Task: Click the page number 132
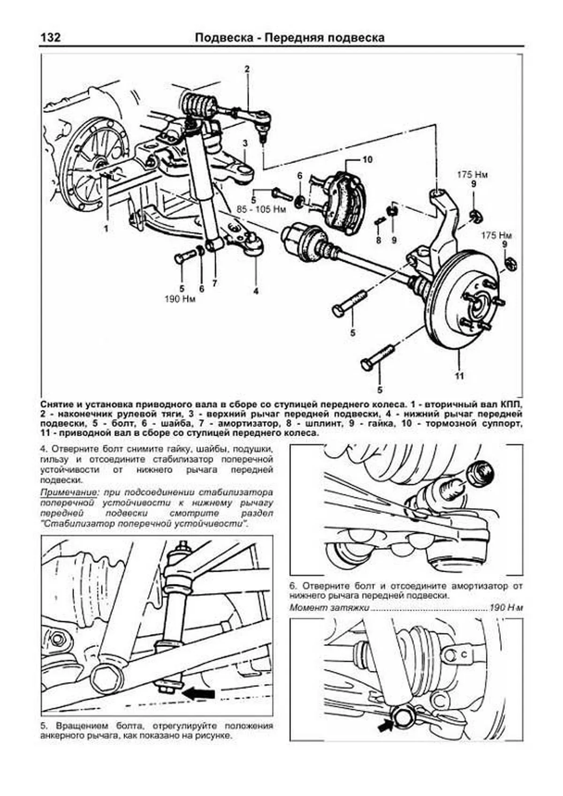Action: click(50, 38)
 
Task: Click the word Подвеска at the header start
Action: click(224, 38)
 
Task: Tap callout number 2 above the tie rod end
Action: click(247, 70)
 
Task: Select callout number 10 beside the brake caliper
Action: click(367, 160)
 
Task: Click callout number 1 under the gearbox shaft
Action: click(107, 229)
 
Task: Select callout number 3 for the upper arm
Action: click(245, 143)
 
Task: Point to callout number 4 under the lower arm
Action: click(256, 291)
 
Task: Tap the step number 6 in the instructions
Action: click(293, 586)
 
